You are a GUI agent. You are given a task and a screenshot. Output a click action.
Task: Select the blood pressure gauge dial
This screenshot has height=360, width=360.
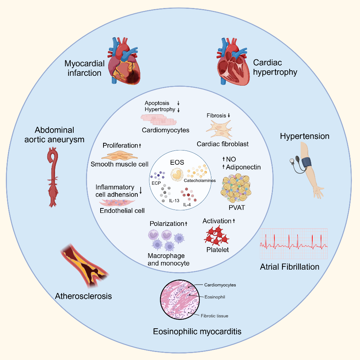point(292,161)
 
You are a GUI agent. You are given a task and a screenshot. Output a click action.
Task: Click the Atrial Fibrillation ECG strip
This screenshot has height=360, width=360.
point(294,244)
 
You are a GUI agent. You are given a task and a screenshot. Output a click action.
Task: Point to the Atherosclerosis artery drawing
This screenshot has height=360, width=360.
point(84,265)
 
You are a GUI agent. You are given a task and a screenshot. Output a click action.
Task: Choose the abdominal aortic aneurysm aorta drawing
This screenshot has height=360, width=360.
point(53,177)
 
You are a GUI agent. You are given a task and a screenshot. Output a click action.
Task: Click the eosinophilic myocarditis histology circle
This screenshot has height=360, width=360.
point(180,300)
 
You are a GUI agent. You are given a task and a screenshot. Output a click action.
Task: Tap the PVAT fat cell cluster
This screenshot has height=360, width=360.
point(236,188)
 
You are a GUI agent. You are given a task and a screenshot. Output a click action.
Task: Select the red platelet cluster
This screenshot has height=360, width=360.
point(216,235)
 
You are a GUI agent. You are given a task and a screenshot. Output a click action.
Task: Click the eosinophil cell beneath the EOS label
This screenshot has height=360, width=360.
point(177,175)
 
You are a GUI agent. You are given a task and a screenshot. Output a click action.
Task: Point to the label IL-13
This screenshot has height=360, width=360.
point(174,201)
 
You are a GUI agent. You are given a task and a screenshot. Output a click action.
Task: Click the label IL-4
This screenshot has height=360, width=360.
point(187,204)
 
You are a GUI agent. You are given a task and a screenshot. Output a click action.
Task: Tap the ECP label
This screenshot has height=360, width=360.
point(156,183)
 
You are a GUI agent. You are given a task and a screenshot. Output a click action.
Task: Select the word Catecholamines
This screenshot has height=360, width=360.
point(200,180)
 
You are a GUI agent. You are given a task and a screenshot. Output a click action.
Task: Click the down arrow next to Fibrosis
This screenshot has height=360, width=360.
point(229,115)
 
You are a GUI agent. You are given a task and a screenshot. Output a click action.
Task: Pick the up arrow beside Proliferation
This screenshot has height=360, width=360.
point(140,145)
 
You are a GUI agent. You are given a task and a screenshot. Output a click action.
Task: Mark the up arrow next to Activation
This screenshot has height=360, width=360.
point(234,221)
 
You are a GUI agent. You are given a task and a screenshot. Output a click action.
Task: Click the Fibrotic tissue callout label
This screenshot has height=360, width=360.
point(215,316)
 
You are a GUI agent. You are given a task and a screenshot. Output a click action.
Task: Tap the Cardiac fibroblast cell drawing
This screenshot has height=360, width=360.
point(219,130)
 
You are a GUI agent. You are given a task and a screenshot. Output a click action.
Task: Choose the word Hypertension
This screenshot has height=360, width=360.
point(305,136)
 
